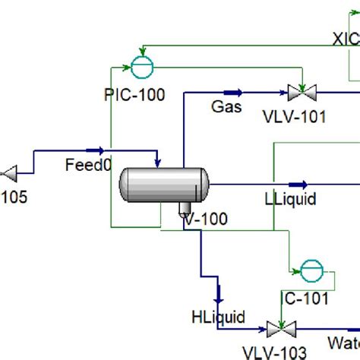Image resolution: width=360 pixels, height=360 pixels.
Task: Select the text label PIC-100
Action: pos(134,96)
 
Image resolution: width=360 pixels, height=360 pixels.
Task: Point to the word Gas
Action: pos(226,107)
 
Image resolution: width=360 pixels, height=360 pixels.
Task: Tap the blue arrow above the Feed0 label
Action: pos(95,150)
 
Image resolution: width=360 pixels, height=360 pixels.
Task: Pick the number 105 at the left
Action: pos(14,197)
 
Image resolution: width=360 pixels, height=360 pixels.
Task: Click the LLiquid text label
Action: pos(290,199)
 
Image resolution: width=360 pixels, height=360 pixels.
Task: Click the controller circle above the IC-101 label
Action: pos(311,270)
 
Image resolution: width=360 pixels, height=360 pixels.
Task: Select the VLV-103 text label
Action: pos(275,352)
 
